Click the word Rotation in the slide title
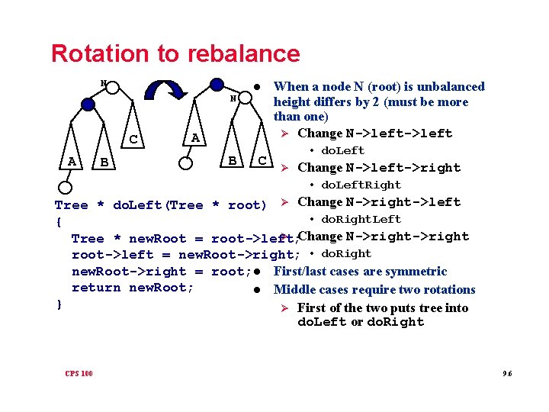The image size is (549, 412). click(x=97, y=53)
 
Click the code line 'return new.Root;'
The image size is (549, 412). click(x=133, y=288)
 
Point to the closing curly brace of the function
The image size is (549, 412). click(x=59, y=304)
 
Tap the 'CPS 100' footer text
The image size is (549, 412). click(x=79, y=373)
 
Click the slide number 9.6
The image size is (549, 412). click(x=507, y=373)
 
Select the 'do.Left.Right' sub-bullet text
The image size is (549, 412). click(x=361, y=185)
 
